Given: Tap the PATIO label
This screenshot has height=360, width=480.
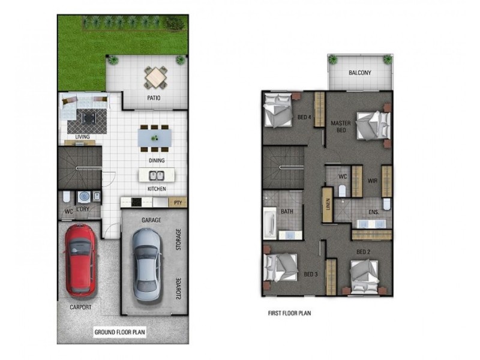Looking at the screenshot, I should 154,98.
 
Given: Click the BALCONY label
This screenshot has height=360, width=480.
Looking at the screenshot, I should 360,73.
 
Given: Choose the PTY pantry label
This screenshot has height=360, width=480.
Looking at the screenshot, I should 178,203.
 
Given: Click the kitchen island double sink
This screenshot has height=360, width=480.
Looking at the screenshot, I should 156,176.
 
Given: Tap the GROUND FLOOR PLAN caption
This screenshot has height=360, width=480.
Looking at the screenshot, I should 120,331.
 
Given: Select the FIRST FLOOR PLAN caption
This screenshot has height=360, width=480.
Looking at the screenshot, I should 289,313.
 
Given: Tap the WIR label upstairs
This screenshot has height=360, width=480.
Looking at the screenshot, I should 372,178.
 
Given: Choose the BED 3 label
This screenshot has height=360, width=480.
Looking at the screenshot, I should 311,274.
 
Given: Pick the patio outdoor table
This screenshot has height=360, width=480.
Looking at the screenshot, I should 156,77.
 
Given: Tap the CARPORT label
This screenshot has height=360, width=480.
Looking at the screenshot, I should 80,307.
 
